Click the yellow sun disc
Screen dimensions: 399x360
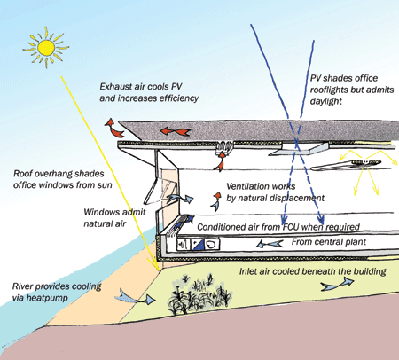click(x=46, y=48)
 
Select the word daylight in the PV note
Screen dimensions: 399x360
click(x=326, y=101)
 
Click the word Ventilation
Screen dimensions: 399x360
click(x=245, y=186)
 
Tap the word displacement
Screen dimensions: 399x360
click(x=299, y=198)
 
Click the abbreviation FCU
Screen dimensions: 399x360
click(x=291, y=227)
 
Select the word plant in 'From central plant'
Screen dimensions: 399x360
click(x=356, y=242)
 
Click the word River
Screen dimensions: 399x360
click(x=22, y=286)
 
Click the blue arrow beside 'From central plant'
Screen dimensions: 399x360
click(x=270, y=244)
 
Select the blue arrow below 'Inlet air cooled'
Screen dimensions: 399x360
click(x=338, y=284)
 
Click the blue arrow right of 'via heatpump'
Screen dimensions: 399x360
click(x=135, y=297)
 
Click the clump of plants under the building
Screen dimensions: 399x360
click(x=197, y=295)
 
